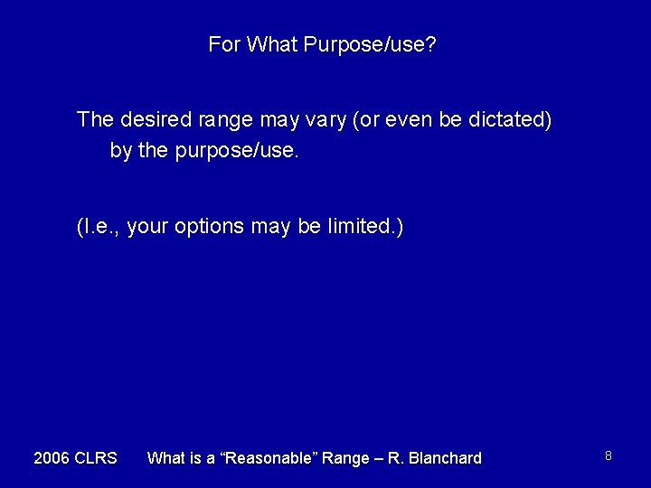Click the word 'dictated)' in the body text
pos(513,119)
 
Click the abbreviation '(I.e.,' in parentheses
pos(99,226)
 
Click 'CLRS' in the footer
pos(96,458)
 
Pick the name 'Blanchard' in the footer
pos(444,458)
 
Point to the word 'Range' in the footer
pos(346,458)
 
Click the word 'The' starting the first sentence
pos(94,119)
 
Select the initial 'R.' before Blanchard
pos(394,458)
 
